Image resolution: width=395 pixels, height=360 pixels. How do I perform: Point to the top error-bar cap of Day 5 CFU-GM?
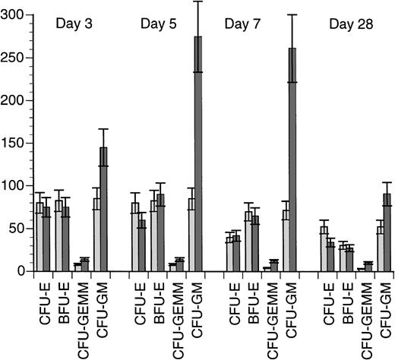(198, 2)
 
